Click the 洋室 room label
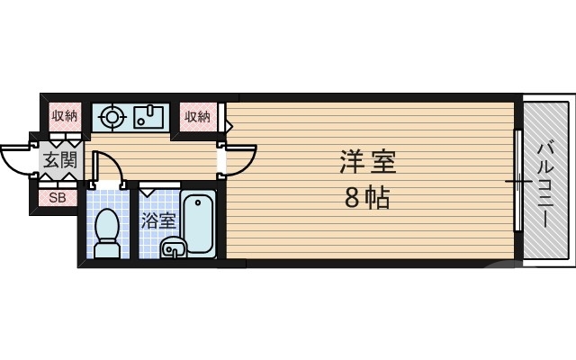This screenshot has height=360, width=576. click(x=367, y=163)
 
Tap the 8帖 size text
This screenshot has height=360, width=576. click(x=367, y=198)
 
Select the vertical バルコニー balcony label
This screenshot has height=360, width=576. click(x=545, y=185)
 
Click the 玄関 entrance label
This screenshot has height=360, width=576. click(x=61, y=163)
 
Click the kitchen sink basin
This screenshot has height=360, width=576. click(x=149, y=116)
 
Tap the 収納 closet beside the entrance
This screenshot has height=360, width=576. click(x=64, y=116)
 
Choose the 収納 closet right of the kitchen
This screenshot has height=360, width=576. click(x=197, y=116)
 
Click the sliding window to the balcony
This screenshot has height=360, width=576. click(x=517, y=181)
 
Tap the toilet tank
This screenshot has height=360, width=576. click(x=108, y=251)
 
